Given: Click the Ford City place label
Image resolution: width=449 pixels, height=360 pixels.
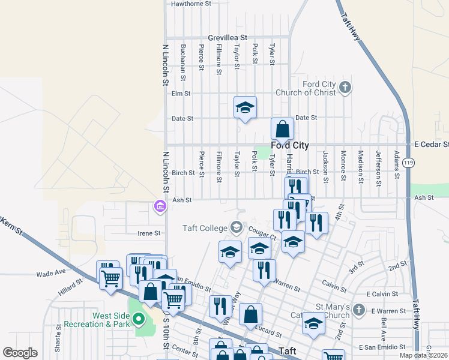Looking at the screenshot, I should pyautogui.click(x=290, y=145).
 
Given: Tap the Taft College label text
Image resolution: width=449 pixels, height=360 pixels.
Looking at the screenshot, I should pyautogui.click(x=205, y=227).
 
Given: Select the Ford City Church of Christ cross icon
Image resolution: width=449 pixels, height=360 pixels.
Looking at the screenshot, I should pyautogui.click(x=345, y=88).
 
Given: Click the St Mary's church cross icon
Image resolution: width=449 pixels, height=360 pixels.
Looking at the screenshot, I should pyautogui.click(x=358, y=310).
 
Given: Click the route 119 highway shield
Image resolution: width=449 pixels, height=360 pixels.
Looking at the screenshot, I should pyautogui.click(x=409, y=163).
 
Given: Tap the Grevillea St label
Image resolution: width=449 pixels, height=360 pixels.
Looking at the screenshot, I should pyautogui.click(x=228, y=37).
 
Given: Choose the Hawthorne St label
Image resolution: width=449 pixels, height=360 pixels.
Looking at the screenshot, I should pyautogui.click(x=191, y=4).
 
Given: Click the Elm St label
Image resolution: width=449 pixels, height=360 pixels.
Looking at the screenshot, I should pyautogui.click(x=181, y=94).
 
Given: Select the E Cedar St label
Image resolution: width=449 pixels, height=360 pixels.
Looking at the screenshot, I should pyautogui.click(x=431, y=145).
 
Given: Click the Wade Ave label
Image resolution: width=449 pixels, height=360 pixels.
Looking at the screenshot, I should pyautogui.click(x=51, y=272).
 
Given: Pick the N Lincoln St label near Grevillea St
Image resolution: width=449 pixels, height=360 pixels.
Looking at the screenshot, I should pyautogui.click(x=166, y=67).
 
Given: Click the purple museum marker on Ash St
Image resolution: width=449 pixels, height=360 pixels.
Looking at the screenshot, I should pyautogui.click(x=160, y=206).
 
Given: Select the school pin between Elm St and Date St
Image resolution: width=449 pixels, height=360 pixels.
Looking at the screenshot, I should pyautogui.click(x=245, y=107).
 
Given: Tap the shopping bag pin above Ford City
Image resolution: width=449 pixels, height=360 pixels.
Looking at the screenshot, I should pyautogui.click(x=282, y=129).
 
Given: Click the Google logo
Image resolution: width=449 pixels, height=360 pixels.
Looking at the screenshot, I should pyautogui.click(x=20, y=353).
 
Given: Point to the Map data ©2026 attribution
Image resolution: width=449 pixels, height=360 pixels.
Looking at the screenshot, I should pyautogui.click(x=423, y=355).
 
